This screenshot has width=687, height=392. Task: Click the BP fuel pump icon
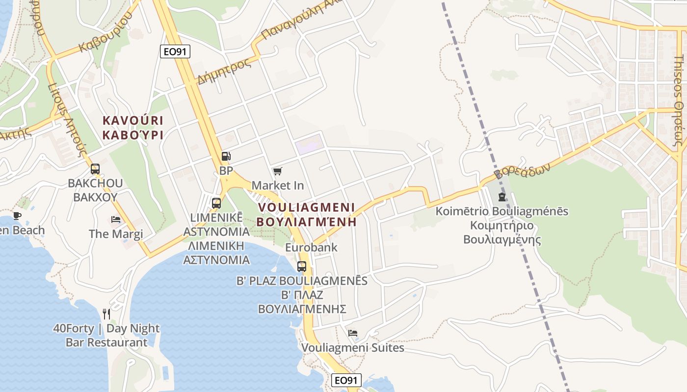(226, 156)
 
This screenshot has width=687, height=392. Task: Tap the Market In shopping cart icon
(278, 171)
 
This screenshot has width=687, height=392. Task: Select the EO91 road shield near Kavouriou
(175, 51)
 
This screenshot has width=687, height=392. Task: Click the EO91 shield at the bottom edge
(346, 380)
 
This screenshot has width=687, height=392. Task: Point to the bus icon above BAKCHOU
(95, 169)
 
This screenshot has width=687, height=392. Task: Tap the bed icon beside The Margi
(116, 219)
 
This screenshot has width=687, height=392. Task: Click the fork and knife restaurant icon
(106, 314)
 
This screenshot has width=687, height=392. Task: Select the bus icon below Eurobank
(302, 267)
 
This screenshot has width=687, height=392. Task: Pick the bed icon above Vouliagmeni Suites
(352, 333)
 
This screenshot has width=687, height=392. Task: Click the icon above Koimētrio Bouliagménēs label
(502, 197)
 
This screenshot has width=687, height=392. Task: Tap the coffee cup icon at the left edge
(17, 216)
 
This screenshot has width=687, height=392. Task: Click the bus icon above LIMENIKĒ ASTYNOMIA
(216, 203)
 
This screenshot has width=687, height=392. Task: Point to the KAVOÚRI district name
(132, 120)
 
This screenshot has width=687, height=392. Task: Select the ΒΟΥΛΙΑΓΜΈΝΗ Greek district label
(306, 221)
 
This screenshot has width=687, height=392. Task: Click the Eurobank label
(311, 247)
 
